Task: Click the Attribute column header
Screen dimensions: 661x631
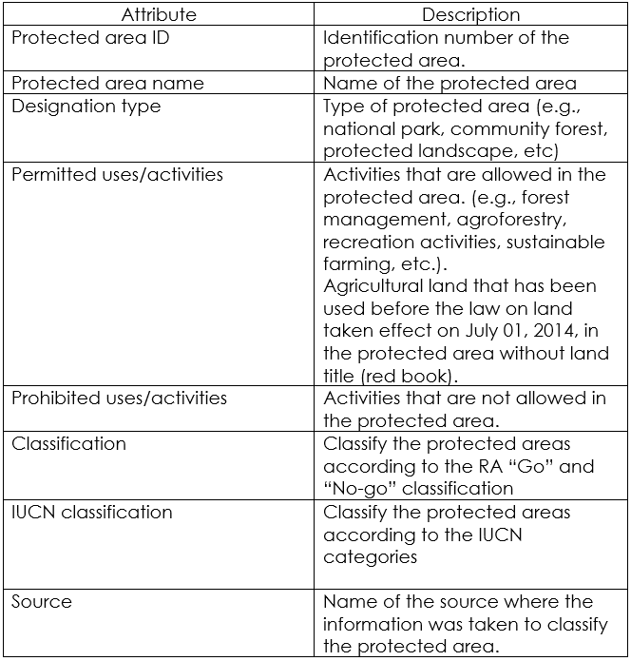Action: (x=159, y=14)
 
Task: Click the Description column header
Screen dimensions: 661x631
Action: (x=470, y=14)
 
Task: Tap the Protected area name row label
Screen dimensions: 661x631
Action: (x=107, y=83)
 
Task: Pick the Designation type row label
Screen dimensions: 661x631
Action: (x=86, y=106)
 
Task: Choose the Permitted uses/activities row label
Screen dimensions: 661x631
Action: (x=117, y=174)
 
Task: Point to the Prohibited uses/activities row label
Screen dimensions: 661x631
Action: (x=119, y=398)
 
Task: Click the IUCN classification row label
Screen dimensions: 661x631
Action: (x=92, y=512)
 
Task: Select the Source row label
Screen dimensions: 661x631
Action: (x=41, y=601)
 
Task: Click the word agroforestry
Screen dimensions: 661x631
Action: (x=508, y=220)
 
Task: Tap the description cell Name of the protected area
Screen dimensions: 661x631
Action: (x=449, y=83)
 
